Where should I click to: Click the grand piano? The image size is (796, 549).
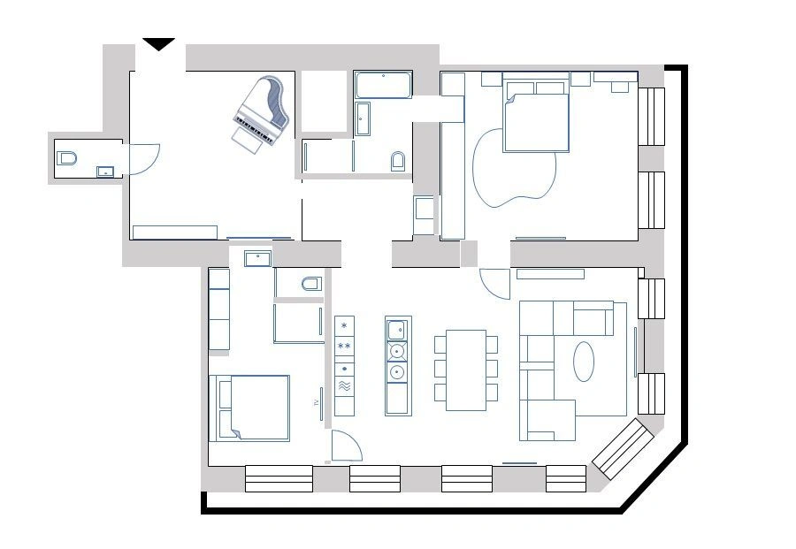[261, 110]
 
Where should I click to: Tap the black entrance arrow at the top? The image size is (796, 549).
[159, 44]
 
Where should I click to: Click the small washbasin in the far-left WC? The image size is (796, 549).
[106, 172]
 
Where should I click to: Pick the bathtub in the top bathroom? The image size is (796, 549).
[383, 87]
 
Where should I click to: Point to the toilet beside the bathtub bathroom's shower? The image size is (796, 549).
[398, 161]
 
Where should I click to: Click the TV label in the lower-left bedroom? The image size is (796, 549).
[316, 402]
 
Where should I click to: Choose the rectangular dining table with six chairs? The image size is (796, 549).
[465, 370]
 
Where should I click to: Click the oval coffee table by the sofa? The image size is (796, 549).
[584, 361]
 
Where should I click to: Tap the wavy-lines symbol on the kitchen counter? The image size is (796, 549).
[345, 387]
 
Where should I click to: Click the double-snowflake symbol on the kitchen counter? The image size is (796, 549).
[345, 346]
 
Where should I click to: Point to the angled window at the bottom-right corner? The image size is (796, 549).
[624, 449]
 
